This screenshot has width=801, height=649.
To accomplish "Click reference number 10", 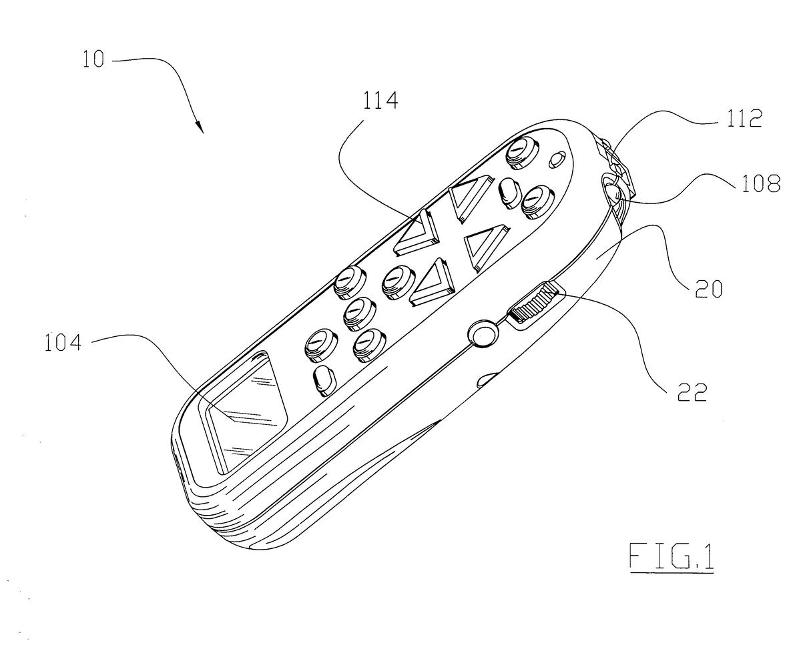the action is (x=93, y=59).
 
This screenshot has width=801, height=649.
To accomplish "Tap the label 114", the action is (x=380, y=100).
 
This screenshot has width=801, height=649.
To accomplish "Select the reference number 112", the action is (x=744, y=119).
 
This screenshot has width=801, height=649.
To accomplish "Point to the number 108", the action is (x=761, y=184).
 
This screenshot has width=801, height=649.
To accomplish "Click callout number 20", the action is (x=708, y=289).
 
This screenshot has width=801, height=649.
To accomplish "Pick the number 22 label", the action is (x=692, y=393).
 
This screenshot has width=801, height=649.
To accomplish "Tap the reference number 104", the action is (x=63, y=343).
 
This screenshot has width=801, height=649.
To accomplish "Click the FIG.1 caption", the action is (x=672, y=556).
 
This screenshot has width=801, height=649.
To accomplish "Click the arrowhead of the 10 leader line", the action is (x=200, y=127).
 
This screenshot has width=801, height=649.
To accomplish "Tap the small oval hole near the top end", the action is (x=557, y=159).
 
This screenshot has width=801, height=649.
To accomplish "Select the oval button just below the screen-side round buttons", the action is (x=324, y=382).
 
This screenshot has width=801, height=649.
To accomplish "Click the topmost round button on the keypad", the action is (x=521, y=153).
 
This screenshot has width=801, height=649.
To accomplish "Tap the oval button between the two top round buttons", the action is (x=511, y=193).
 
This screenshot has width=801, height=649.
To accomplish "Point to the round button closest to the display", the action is (x=320, y=345).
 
